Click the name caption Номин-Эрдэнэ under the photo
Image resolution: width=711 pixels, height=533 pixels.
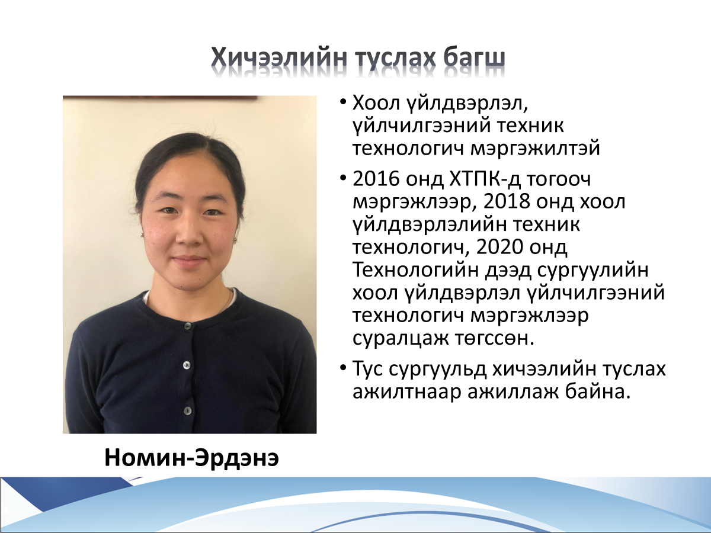(x=191, y=458)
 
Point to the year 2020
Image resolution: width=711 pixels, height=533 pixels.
(x=500, y=247)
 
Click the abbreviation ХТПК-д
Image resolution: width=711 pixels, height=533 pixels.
(x=485, y=179)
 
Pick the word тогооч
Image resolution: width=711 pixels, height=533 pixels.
(x=559, y=179)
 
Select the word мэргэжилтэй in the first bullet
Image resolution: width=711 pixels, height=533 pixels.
(x=535, y=149)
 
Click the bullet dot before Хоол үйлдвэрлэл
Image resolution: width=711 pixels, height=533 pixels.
(x=343, y=102)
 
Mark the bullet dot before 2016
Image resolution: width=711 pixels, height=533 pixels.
(x=343, y=178)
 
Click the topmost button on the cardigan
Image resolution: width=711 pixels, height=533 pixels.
(x=188, y=326)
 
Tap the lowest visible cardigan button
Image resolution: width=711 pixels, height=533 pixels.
(x=188, y=410)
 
